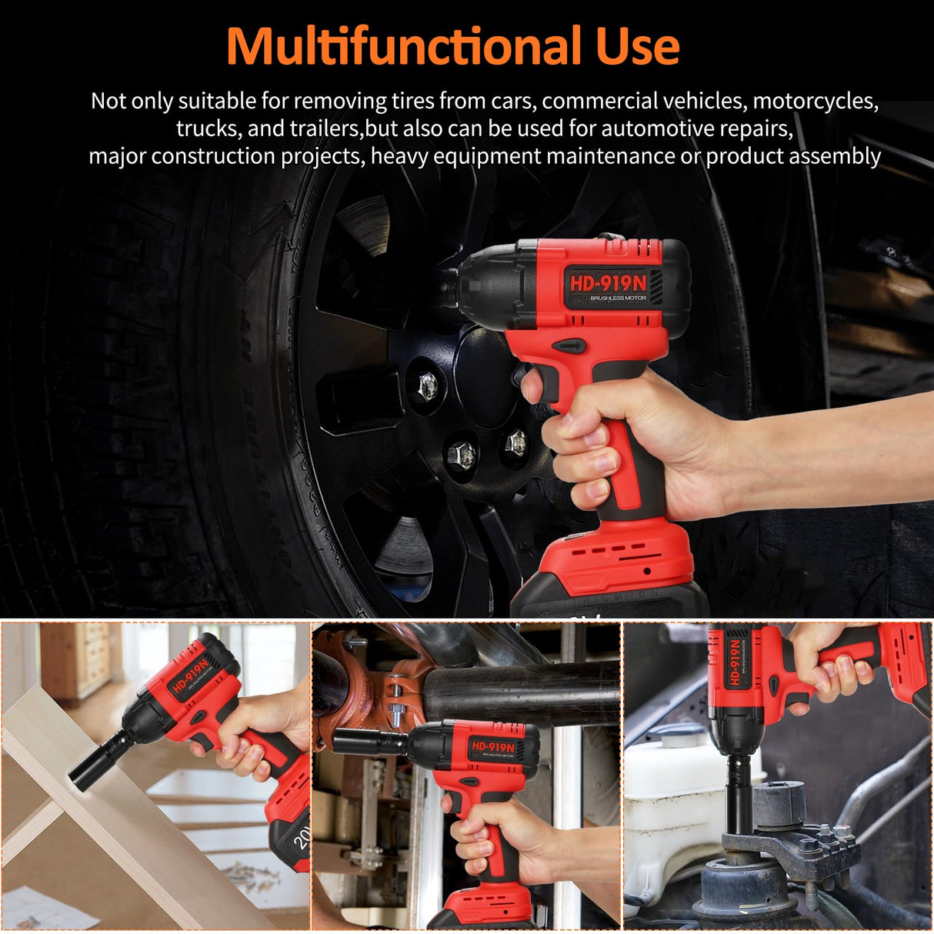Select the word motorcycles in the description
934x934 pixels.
pyautogui.click(x=815, y=101)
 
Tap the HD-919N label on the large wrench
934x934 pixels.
pyautogui.click(x=607, y=282)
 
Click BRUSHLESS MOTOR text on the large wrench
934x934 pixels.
pyautogui.click(x=618, y=299)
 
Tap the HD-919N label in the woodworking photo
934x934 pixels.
pyautogui.click(x=190, y=674)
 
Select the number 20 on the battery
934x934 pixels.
pyautogui.click(x=302, y=837)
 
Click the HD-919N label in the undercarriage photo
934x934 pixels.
pyautogui.click(x=492, y=746)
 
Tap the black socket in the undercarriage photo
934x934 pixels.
pyautogui.click(x=369, y=742)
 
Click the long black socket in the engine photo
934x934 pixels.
pyautogui.click(x=739, y=792)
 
